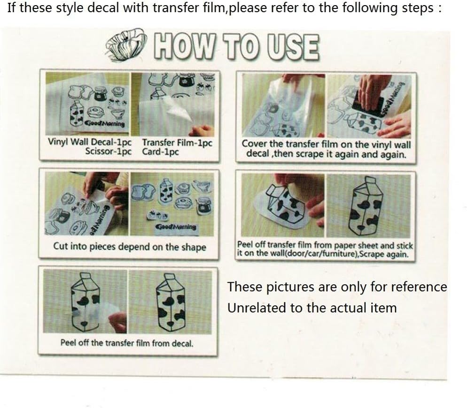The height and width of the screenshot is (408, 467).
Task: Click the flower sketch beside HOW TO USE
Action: tap(126, 45)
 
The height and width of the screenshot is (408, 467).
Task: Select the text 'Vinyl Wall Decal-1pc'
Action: tap(89, 142)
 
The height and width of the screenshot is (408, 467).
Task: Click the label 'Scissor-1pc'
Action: tap(108, 151)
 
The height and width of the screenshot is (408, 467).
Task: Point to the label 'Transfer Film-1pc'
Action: tap(177, 143)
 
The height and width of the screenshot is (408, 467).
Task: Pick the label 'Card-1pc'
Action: tap(160, 151)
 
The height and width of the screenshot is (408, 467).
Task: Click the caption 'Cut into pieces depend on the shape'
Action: tap(130, 247)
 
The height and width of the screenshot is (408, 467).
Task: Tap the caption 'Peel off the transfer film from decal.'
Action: tap(127, 343)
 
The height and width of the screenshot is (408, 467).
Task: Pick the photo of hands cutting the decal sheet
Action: tap(86, 204)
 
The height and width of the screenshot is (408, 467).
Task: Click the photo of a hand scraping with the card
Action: tap(369, 106)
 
